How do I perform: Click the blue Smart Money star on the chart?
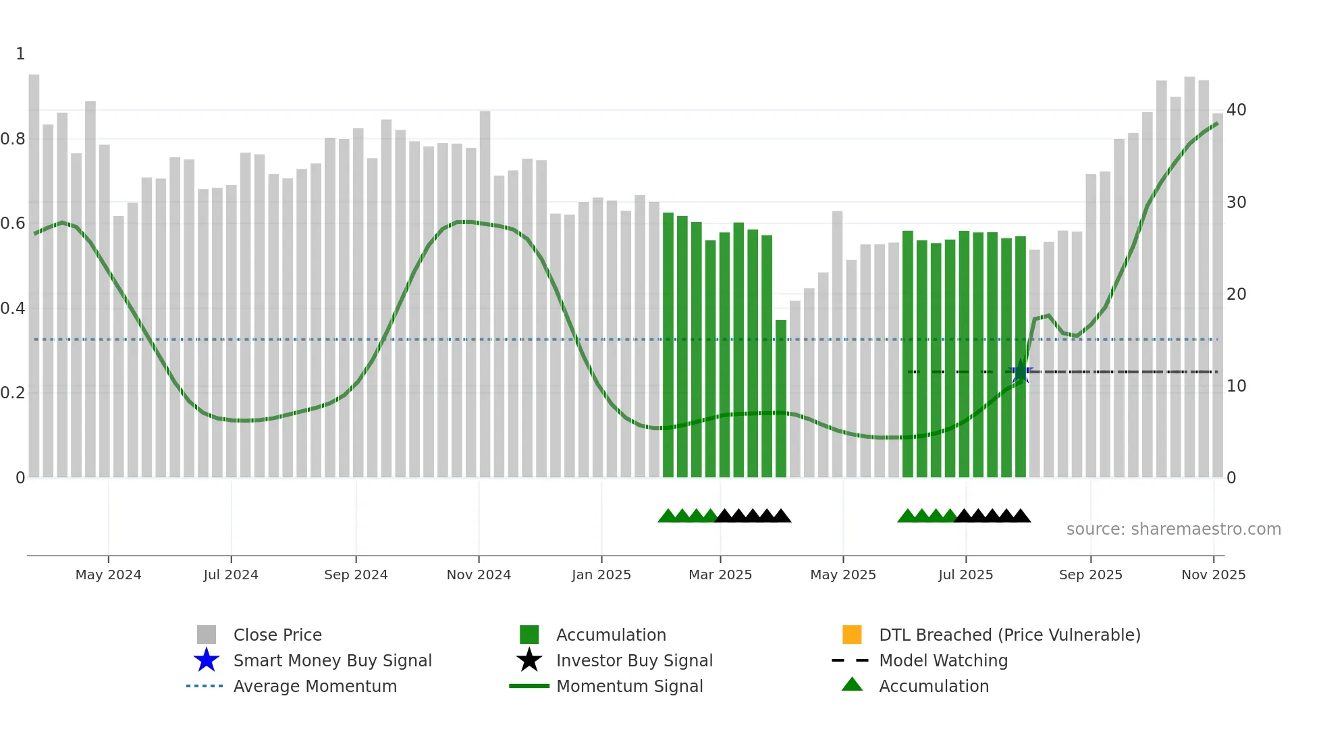click(x=1020, y=371)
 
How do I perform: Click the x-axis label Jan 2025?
click(x=601, y=575)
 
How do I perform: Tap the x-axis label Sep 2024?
click(x=356, y=575)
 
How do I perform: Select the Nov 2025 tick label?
click(x=1213, y=575)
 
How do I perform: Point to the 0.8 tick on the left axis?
click(x=13, y=139)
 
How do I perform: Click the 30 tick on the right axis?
click(x=1236, y=203)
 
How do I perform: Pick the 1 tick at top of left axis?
click(x=20, y=54)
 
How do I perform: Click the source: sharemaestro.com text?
click(x=1173, y=529)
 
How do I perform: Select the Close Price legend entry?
click(x=277, y=635)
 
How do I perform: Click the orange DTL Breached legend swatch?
click(x=852, y=635)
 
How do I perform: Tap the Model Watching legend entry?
click(x=942, y=660)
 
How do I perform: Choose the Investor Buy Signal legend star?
click(x=529, y=660)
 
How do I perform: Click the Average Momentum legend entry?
click(x=315, y=686)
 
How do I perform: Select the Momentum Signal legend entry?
click(x=629, y=686)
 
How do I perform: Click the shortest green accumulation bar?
click(x=780, y=398)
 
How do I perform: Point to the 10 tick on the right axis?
click(x=1236, y=386)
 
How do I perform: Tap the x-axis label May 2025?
click(x=842, y=575)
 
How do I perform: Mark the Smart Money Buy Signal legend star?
click(x=207, y=660)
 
